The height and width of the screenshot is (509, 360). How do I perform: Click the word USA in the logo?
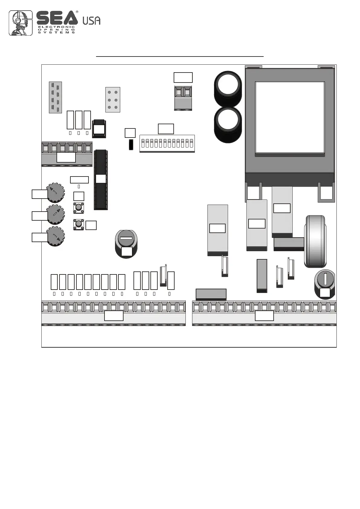[x=91, y=20]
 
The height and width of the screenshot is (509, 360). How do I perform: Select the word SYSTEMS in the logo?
[x=56, y=32]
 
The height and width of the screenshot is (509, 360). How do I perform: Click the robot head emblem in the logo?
[x=21, y=23]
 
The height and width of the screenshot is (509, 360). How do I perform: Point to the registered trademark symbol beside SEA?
[x=77, y=12]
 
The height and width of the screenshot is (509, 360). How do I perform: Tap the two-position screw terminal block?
[x=183, y=98]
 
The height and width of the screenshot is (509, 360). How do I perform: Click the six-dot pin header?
[x=113, y=100]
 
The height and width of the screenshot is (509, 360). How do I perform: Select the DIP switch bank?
[x=167, y=144]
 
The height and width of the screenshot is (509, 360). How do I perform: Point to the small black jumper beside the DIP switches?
[x=131, y=145]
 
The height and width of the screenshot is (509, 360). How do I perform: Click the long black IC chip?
[x=101, y=180]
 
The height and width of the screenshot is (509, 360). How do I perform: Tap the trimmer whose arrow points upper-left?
[x=56, y=192]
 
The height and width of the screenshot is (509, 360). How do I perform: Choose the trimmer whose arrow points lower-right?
[x=56, y=236]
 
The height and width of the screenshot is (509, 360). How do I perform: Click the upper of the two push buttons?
[x=79, y=208]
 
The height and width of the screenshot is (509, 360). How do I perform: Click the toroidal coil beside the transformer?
[x=315, y=241]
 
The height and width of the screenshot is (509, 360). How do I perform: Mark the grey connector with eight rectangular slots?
[x=55, y=97]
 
